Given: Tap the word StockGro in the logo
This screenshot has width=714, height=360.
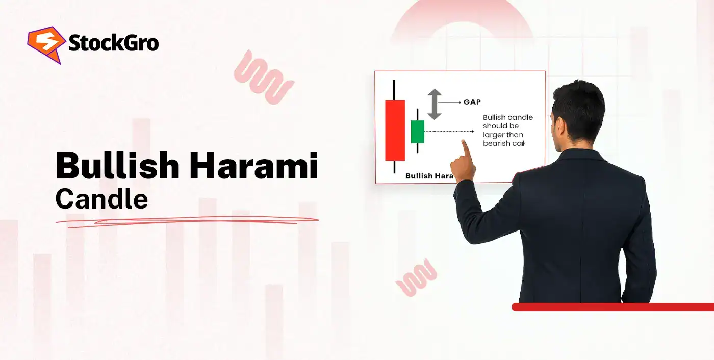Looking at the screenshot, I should click(x=113, y=44).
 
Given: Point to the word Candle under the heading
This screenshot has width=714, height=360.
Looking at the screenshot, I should click(x=101, y=199).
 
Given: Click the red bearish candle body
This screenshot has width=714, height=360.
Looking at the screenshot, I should click(x=395, y=130).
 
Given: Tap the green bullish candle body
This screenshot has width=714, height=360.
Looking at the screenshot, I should click(x=418, y=132).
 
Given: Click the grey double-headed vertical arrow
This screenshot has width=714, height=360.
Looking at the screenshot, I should click(x=434, y=104).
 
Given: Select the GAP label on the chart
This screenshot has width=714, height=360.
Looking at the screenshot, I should click(x=472, y=102).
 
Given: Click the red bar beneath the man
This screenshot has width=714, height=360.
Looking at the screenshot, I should click(x=612, y=306).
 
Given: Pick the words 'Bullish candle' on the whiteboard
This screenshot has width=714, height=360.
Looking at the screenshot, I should click(x=508, y=117).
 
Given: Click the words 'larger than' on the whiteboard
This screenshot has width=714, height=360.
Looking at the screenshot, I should click(x=503, y=135).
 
